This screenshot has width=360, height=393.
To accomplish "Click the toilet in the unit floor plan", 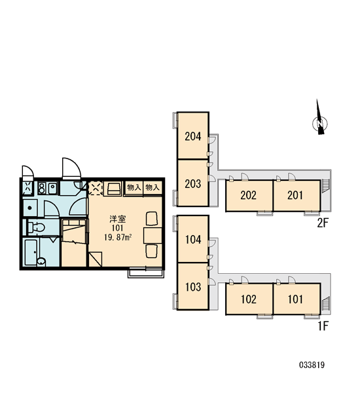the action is tap(35, 227).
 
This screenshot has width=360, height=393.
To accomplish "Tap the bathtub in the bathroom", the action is tap(31, 252).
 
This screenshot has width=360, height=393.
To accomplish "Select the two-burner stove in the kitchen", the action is tap(42, 188).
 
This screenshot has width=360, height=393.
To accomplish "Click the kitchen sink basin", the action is tap(52, 188).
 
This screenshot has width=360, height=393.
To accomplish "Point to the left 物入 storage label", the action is tap(134, 187).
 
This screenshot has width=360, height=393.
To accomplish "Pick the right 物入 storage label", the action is tap(153, 187).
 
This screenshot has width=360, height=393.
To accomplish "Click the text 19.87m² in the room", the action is tap(118, 237).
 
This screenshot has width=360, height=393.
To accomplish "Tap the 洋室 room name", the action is tap(118, 219).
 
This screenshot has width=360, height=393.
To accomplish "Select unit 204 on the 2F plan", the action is tap(193, 136).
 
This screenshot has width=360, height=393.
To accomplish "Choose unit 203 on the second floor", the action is tap(193, 183).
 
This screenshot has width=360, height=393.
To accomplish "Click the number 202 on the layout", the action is tap(248, 195).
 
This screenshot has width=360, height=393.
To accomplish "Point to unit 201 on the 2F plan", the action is tap(295, 195).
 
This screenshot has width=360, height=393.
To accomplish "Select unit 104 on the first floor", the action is tap(193, 240).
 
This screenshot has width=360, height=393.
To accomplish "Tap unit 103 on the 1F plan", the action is tap(193, 287).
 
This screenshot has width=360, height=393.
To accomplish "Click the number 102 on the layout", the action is tap(249, 299).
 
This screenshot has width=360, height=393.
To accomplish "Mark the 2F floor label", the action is tap(323, 223).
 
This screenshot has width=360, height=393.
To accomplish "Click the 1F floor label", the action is tap(323, 326).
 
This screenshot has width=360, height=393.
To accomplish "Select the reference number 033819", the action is tap(312, 365).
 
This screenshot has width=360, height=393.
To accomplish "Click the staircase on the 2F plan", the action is tap(325, 185).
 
